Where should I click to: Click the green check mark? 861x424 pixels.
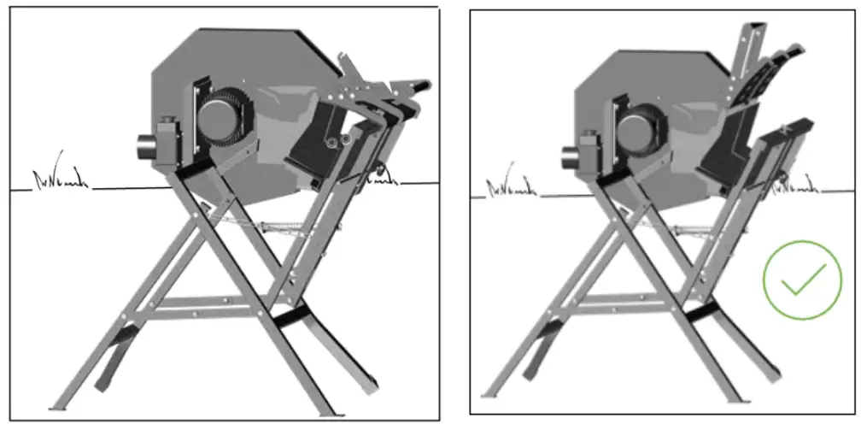[x=802, y=280]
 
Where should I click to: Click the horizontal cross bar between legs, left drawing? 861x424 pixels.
[x=214, y=303]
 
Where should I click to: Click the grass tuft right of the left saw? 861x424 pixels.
[x=383, y=177]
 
